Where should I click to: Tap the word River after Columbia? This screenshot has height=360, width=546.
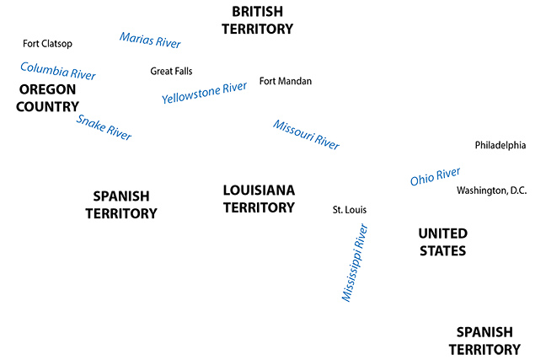81,73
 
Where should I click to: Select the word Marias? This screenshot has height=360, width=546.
135,39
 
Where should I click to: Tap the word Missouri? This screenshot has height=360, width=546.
292,130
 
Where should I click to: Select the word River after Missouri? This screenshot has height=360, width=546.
324,142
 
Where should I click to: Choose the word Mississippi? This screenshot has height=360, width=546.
351,271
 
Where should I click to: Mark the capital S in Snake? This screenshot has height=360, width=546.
80,117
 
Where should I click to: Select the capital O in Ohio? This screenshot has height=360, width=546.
415,181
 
